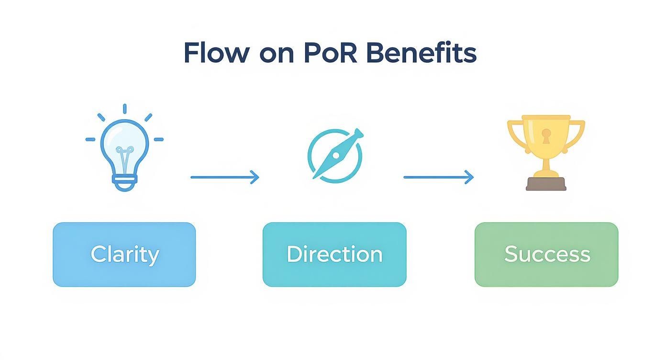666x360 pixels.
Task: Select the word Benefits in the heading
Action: pos(422,53)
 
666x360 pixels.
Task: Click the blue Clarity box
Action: pos(124,254)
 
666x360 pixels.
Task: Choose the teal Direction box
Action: pos(334,254)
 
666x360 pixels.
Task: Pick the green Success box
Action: pos(546,254)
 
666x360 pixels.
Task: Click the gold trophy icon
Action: pos(546,151)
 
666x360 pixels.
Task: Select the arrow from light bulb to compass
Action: pos(224,178)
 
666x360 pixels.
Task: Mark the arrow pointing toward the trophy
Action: pos(438,178)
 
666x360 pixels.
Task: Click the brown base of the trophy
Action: pos(546,184)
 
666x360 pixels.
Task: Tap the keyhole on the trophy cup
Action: pos(546,136)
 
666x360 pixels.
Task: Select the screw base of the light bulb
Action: pos(124,182)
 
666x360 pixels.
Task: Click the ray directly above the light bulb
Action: pos(124,109)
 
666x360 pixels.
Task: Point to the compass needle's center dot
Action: pos(336,155)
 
